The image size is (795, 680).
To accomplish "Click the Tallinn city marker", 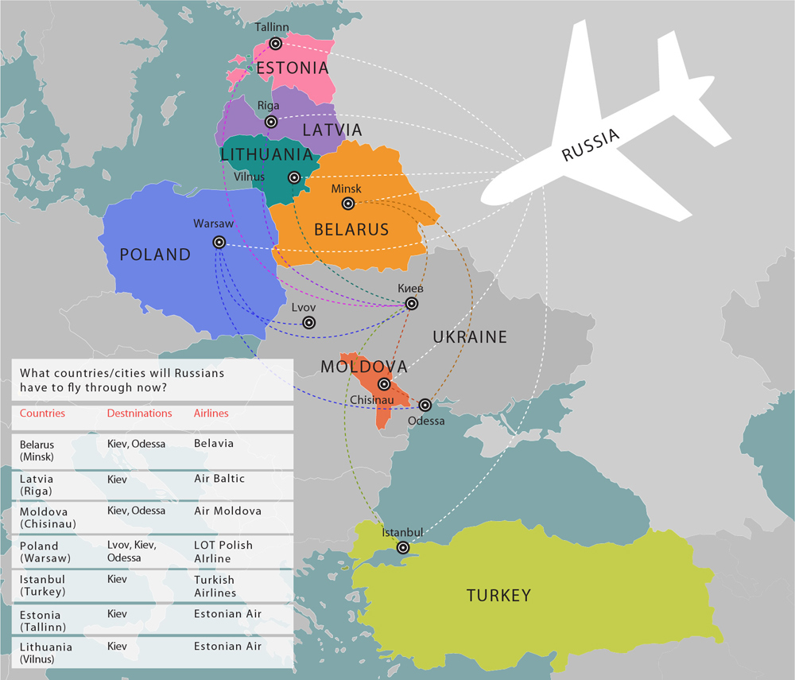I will [x=276, y=44].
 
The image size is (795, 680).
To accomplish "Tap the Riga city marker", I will [x=271, y=122].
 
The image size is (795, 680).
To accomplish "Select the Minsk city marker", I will [x=347, y=204].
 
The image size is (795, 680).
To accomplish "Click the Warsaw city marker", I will [x=219, y=242].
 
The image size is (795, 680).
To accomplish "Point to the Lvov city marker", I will [x=309, y=322].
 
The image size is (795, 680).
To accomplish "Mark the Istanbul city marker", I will [x=403, y=547].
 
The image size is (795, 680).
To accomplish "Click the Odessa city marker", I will [x=425, y=405].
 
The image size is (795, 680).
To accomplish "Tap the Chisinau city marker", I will [x=384, y=384].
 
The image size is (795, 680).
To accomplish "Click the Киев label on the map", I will [x=410, y=288].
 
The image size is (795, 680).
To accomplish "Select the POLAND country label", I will [x=155, y=255].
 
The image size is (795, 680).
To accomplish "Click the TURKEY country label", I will [x=498, y=595].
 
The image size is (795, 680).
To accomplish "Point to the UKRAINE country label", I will [x=470, y=337].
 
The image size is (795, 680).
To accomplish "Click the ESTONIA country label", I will [x=292, y=68].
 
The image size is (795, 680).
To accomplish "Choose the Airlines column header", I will [x=211, y=414].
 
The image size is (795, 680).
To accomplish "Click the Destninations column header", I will [x=139, y=414].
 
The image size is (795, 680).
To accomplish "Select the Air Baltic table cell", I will [x=219, y=479].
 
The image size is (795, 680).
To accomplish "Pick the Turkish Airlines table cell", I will [x=215, y=586].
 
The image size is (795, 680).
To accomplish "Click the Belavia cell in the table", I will [x=214, y=443].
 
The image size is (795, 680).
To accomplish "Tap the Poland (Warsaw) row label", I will [x=39, y=551].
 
